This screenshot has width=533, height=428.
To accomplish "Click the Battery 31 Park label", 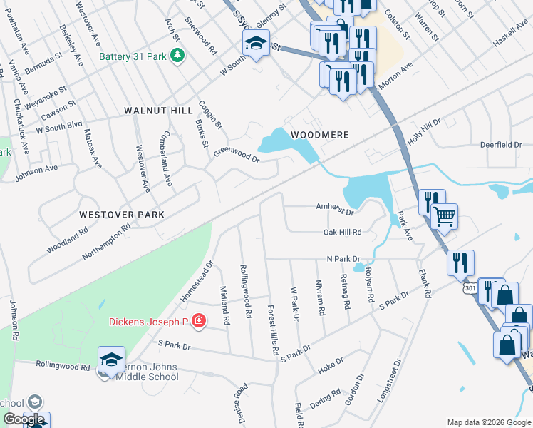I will coord(133,56).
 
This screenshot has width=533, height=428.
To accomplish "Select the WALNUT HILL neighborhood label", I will coord(158,111).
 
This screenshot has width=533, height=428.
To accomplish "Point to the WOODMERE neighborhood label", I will coord(319,133).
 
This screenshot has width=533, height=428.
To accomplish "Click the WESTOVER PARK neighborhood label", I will coord(121,214).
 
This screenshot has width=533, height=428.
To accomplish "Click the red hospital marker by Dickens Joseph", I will coord(198,322).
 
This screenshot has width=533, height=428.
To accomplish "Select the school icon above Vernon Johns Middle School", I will coord(112,360).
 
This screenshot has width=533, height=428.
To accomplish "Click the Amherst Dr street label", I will coord(335,208).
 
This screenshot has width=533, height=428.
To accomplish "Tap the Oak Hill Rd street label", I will coord(343,232).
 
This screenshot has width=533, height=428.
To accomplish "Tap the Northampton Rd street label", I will coord(106,240).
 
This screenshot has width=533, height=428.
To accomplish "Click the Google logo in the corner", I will coord(24,419).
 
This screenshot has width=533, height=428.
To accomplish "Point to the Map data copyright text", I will coord(488,422).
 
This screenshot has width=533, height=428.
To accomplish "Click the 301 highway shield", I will coord(470,287).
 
